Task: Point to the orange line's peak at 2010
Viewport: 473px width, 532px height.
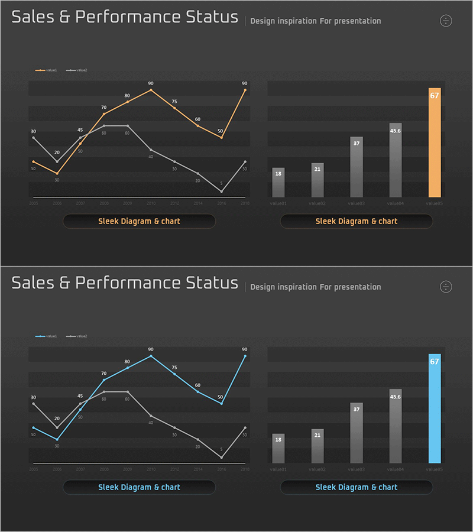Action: tap(151, 90)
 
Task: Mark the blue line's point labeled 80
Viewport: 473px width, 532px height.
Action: tap(127, 368)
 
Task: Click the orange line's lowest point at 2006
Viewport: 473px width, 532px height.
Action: tap(57, 173)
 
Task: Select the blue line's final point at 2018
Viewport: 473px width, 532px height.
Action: tap(245, 356)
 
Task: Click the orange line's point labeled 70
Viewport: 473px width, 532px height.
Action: tap(104, 114)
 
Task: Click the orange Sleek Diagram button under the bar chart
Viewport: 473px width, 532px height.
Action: tap(356, 221)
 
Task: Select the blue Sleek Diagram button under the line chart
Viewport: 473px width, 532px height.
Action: tap(139, 487)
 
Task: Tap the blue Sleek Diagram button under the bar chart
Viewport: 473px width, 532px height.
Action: tap(356, 487)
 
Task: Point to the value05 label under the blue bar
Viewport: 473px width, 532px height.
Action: tap(435, 469)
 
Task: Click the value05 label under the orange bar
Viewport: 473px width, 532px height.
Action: tap(435, 203)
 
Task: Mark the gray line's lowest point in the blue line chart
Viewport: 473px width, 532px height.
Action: tap(222, 457)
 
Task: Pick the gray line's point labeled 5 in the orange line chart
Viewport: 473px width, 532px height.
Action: tap(222, 191)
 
